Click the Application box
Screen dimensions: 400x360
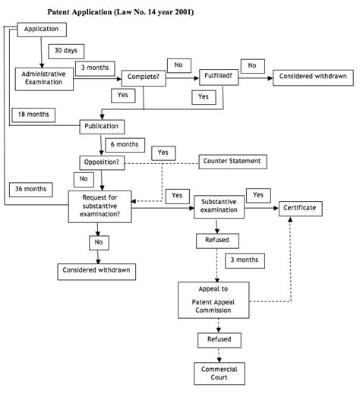tap(42, 30)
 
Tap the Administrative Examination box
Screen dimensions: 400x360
tap(42, 77)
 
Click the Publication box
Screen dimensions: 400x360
tap(102, 126)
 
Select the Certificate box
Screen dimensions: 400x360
tap(300, 207)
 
